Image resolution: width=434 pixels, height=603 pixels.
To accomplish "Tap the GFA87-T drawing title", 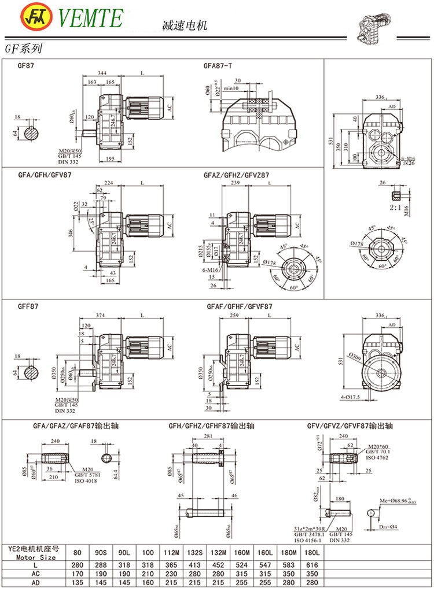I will pyautogui.click(x=218, y=66).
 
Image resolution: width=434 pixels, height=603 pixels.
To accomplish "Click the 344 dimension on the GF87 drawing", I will pyautogui.click(x=102, y=73).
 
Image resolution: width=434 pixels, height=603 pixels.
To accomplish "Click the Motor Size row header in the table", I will pyautogui.click(x=32, y=557).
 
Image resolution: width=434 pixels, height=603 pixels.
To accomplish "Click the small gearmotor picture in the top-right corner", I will pyautogui.click(x=378, y=27).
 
